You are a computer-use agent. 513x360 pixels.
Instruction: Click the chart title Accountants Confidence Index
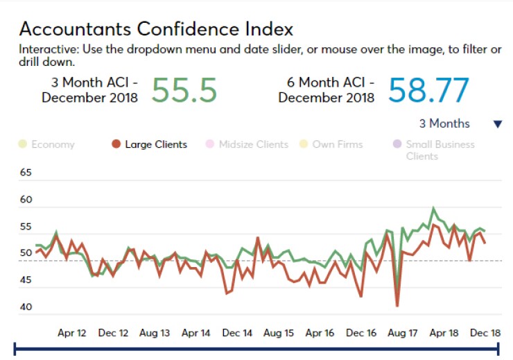[x=156, y=29]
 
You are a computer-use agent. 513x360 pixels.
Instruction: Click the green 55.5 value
[x=184, y=89]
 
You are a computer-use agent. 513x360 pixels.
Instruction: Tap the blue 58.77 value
[x=428, y=90]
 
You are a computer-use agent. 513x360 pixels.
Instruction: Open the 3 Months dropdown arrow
[x=497, y=124]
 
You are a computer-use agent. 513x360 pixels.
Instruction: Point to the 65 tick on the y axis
[x=26, y=173]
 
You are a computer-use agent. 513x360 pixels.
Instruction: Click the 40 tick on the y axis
[x=26, y=307]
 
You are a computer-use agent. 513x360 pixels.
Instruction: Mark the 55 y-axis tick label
[x=26, y=227]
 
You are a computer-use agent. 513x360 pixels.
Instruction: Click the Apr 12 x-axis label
[x=71, y=333]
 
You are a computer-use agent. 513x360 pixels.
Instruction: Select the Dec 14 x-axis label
[x=236, y=333]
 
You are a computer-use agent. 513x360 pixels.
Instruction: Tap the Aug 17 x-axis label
[x=402, y=333]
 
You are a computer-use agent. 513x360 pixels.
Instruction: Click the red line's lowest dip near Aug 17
[x=397, y=305]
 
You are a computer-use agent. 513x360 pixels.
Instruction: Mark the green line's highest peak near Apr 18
[x=433, y=208]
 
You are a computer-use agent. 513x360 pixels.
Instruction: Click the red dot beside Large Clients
[x=116, y=144]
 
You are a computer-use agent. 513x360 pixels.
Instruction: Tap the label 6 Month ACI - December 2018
[x=327, y=90]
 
